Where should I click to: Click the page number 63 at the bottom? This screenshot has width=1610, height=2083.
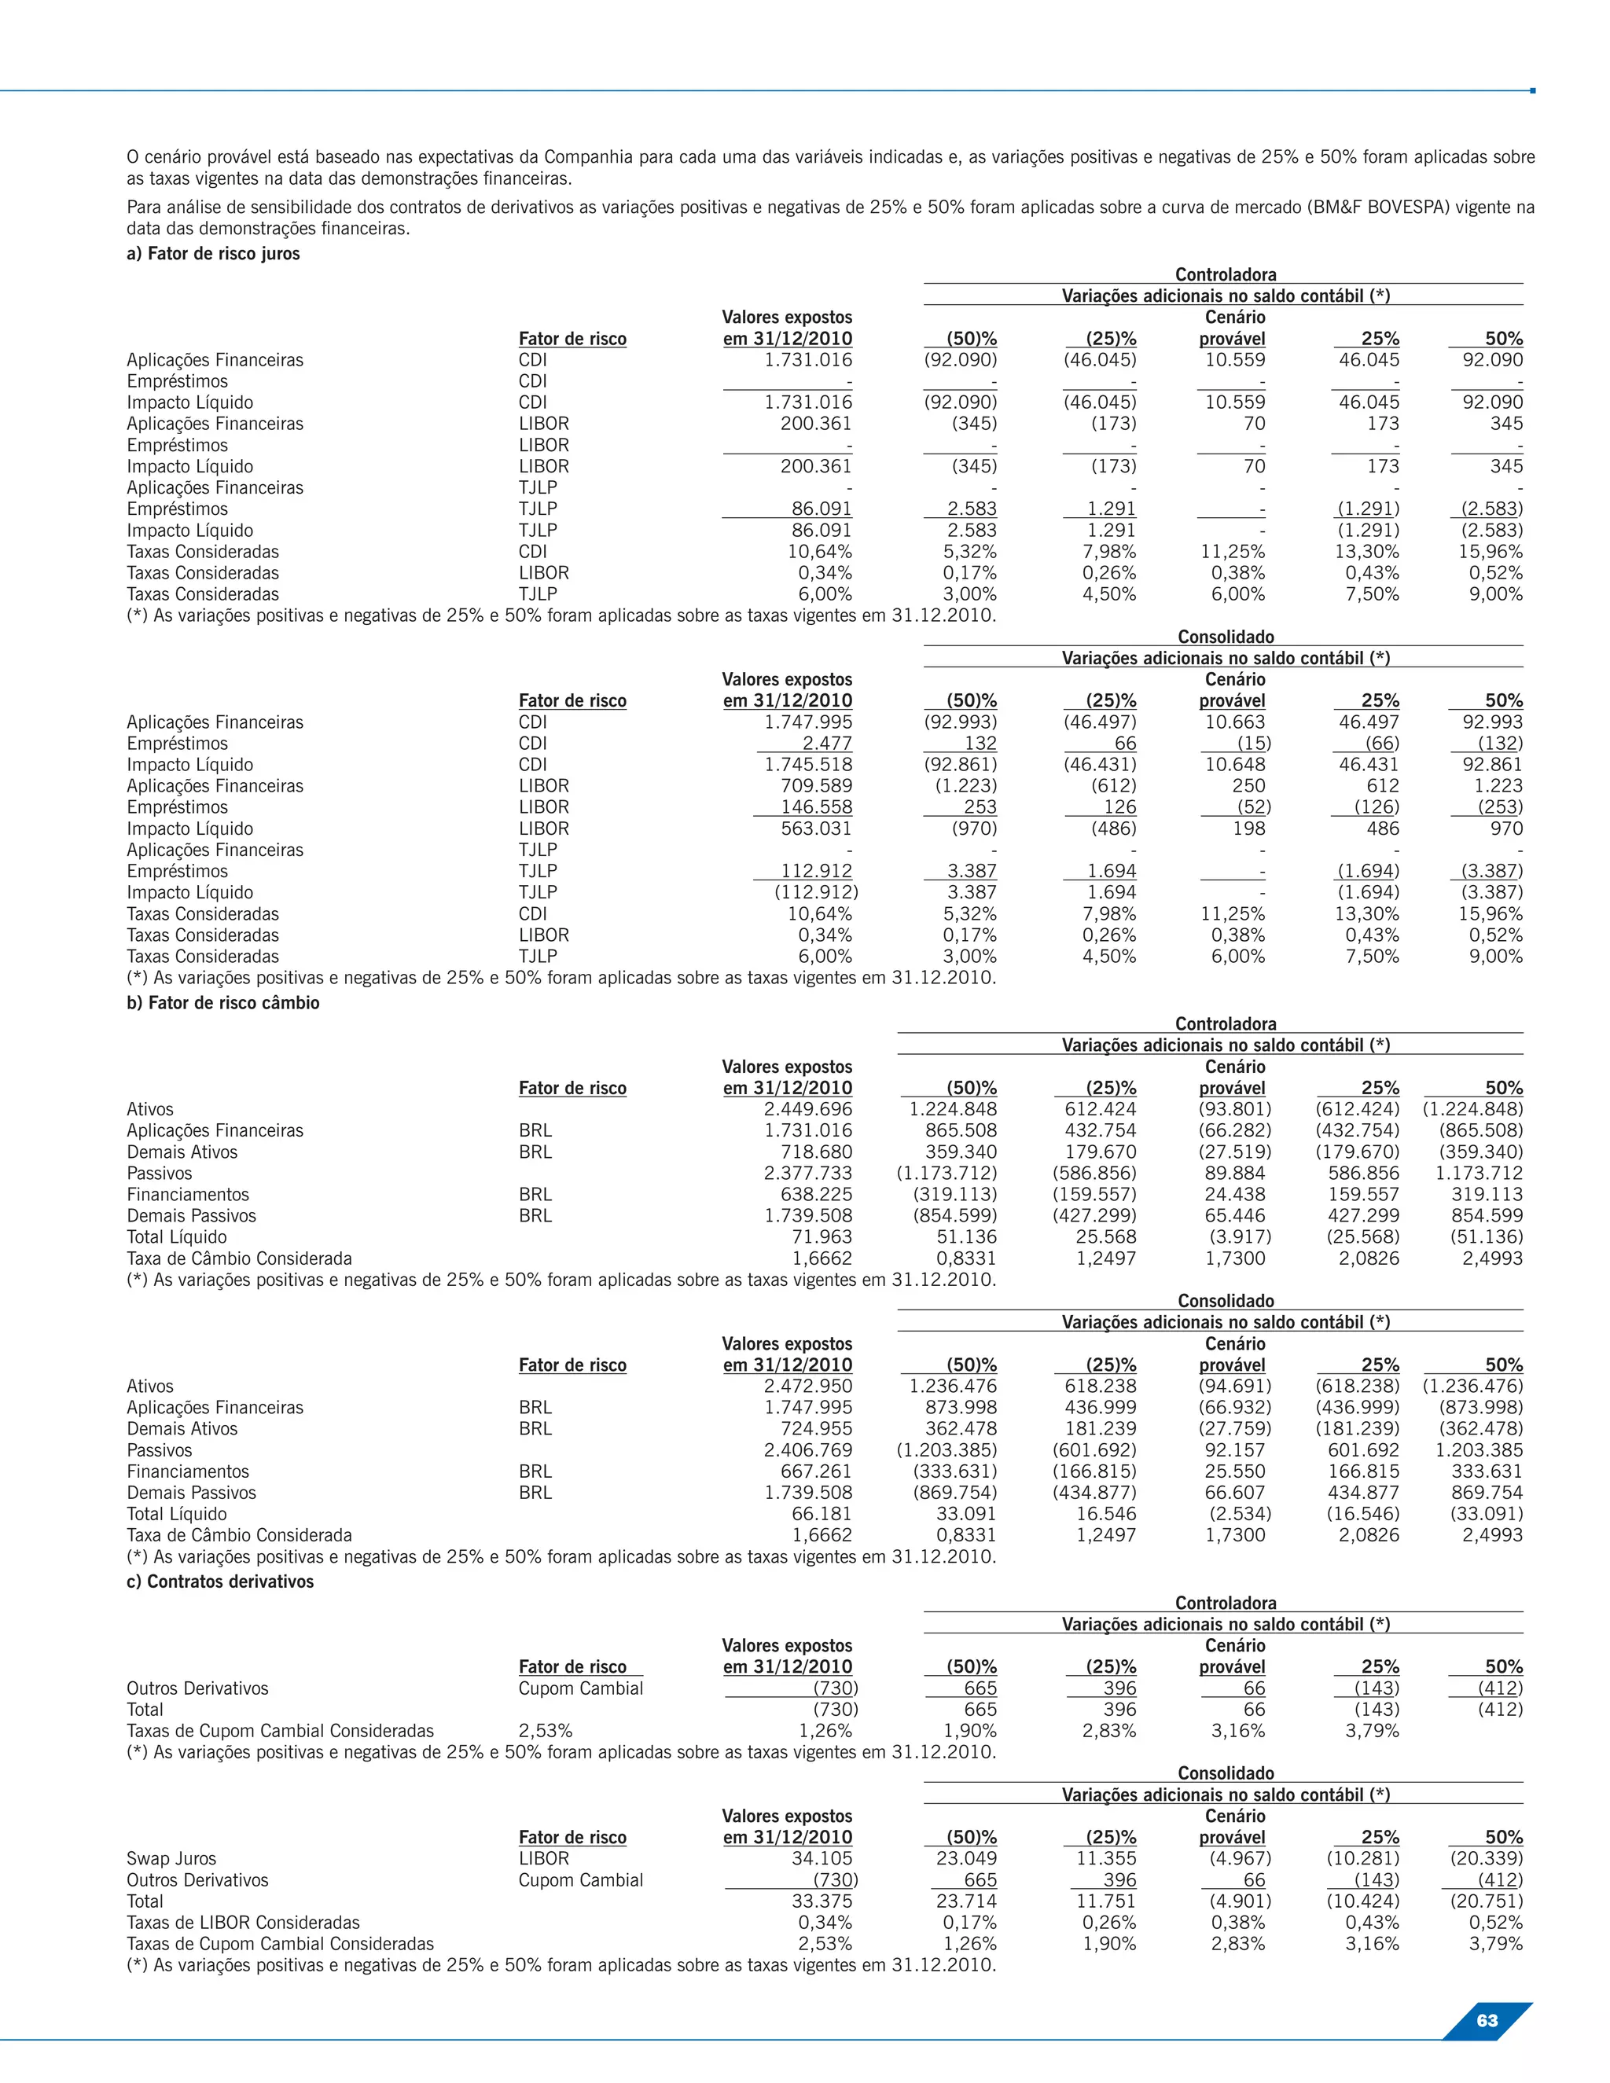coord(1486,2020)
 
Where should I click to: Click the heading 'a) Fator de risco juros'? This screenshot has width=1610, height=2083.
coord(213,254)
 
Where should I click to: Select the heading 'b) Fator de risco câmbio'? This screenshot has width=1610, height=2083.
coord(222,1002)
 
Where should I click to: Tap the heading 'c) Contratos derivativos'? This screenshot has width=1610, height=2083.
coord(219,1582)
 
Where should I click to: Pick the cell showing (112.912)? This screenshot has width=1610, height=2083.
coord(815,893)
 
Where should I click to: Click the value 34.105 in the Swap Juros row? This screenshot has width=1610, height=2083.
coord(822,1858)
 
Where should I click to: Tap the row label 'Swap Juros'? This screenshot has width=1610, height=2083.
coord(171,1858)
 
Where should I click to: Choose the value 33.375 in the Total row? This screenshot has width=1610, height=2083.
coord(822,1901)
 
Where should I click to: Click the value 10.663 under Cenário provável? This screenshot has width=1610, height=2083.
coord(1235,722)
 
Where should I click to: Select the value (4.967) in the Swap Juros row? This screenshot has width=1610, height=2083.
coord(1235,1858)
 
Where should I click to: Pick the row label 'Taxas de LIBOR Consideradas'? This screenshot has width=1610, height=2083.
coord(242,1922)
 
